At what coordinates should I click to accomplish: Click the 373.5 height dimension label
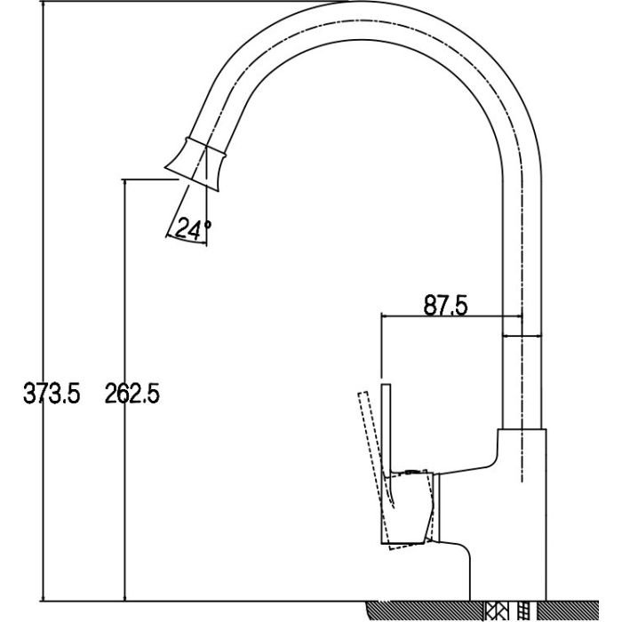click(52, 394)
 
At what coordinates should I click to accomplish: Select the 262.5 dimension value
click(132, 394)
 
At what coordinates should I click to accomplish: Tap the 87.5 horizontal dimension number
click(445, 305)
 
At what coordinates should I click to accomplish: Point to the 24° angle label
click(193, 228)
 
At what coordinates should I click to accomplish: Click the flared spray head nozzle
click(195, 163)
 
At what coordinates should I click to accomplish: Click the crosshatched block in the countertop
click(494, 611)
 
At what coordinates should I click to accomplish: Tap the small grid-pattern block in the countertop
click(524, 611)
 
